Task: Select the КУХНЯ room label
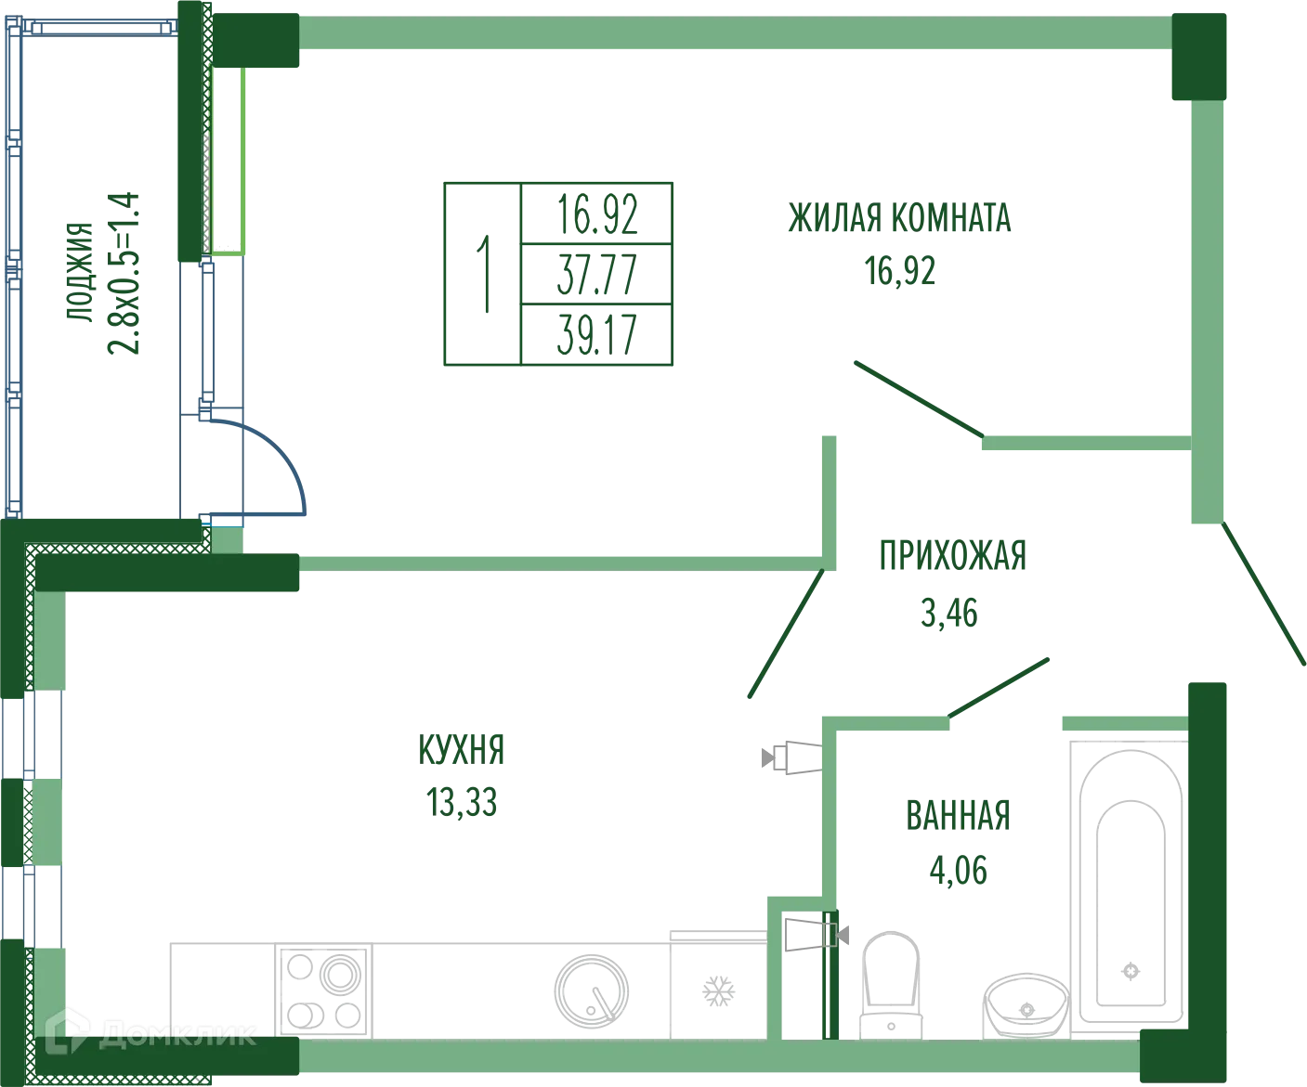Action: [x=461, y=748]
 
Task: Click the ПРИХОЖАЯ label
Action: [x=951, y=555]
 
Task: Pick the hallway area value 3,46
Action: [x=948, y=615]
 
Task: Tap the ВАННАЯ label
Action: [x=958, y=816]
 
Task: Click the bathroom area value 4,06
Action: [x=958, y=872]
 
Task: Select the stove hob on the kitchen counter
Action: [x=320, y=990]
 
